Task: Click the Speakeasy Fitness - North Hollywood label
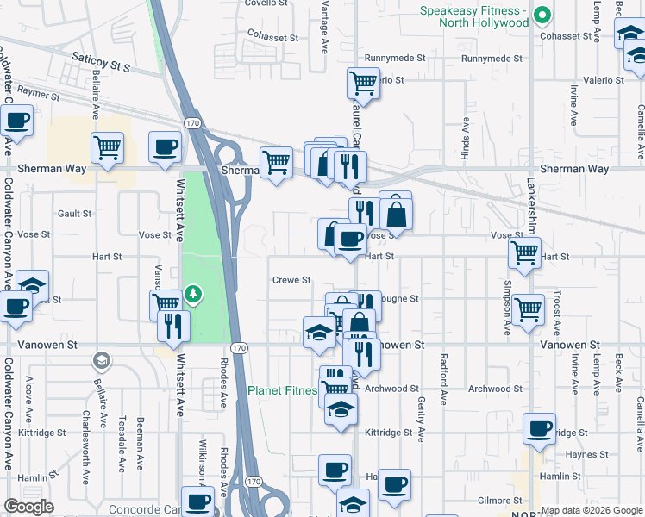[x=473, y=16]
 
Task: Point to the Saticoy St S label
[x=101, y=65]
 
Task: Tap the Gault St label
[x=74, y=214]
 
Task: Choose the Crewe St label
[x=291, y=280]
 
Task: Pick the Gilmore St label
[x=501, y=501]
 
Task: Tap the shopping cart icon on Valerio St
[x=363, y=84]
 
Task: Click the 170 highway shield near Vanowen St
[x=240, y=347]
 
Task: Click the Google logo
[x=28, y=507]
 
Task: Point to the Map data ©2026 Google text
[x=592, y=510]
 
